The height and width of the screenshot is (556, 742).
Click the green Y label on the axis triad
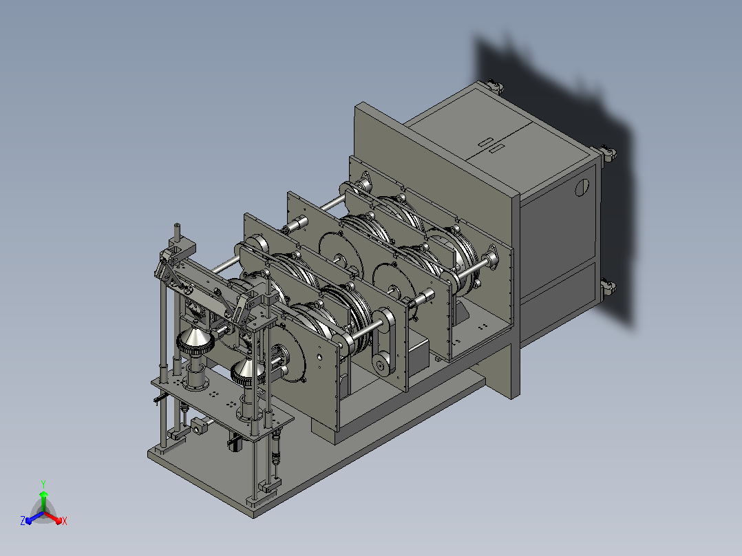[43, 484]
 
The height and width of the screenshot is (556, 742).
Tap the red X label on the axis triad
[65, 521]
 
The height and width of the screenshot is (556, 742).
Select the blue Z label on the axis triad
[23, 520]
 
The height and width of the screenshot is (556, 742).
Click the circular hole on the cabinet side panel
[582, 187]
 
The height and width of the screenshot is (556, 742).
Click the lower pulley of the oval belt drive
[380, 365]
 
